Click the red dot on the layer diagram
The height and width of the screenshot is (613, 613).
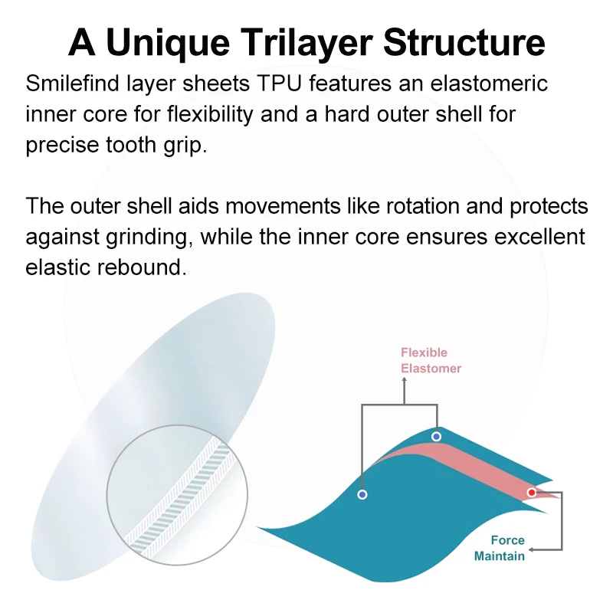pos(532,493)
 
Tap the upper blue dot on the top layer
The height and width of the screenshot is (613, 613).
pos(436,437)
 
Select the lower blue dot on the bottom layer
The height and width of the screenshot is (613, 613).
pos(362,495)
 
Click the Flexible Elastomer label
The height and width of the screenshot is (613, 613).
pos(431,360)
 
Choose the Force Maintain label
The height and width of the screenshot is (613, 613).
pos(500,548)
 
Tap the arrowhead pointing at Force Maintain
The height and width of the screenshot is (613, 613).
pos(534,549)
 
